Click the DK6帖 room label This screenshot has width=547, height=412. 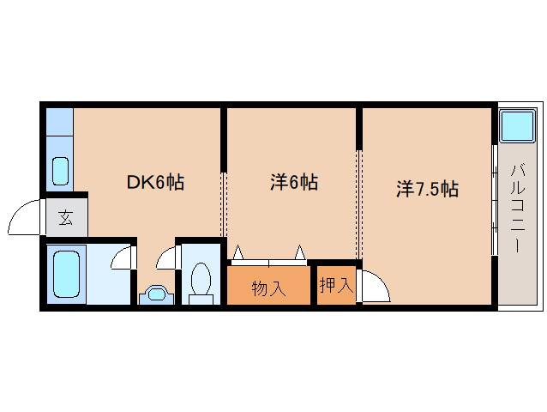154,182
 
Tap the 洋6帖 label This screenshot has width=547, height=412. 294,182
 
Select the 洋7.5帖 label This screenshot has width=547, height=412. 427,189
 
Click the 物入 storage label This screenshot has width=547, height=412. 268,288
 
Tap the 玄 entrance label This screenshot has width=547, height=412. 65,218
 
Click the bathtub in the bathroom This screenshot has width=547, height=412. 65,275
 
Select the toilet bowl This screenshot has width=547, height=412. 201,281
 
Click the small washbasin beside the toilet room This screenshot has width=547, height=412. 156,294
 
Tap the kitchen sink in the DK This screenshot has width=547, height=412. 60,171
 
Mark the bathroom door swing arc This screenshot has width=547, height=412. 123,257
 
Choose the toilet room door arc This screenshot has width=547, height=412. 168,256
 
